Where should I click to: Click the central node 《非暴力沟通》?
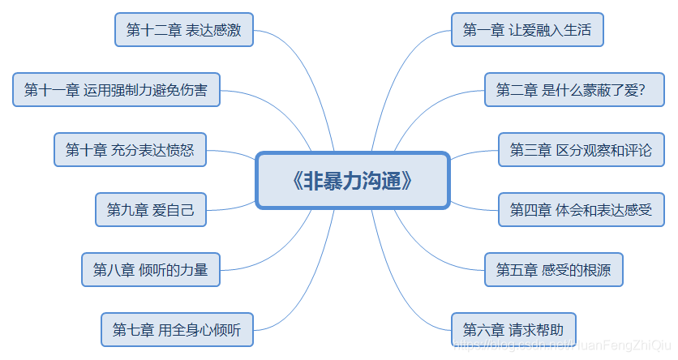pos(352,180)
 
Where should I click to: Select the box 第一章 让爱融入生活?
pos(527,31)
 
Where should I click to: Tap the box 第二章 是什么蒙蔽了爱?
pos(570,90)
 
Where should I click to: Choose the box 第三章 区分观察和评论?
pos(580,150)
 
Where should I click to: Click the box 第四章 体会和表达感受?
pos(581,210)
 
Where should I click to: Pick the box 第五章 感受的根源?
pos(553,270)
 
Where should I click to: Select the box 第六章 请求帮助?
pos(513,329)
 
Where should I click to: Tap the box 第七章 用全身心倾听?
pos(177,329)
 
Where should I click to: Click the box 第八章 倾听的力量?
pos(150,270)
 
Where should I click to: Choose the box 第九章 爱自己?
pos(150,210)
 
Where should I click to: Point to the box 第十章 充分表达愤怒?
pos(130,150)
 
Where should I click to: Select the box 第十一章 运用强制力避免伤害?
pos(116,90)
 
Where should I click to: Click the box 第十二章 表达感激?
pos(183,31)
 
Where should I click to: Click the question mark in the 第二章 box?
pos(641,90)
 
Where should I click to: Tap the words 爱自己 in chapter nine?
pos(174,210)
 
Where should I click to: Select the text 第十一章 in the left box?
pos(51,90)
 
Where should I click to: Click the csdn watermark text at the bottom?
pos(560,346)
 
